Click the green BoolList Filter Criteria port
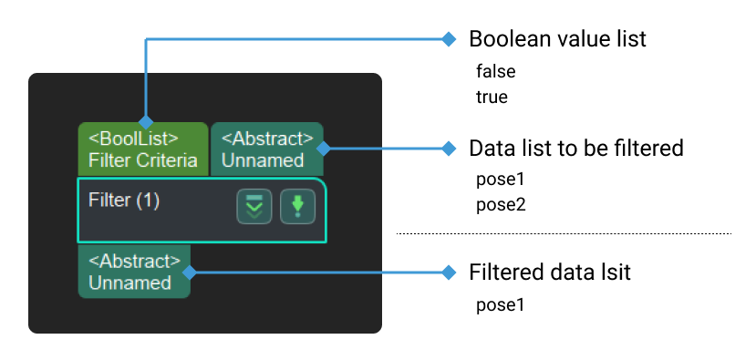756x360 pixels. coord(142,149)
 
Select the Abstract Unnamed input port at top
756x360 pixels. coord(265,149)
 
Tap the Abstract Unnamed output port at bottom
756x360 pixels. coord(134,272)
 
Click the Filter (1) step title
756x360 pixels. coord(124,201)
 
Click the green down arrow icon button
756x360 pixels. coord(296,207)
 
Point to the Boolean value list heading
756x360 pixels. coord(557,39)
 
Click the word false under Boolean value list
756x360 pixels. coord(496,70)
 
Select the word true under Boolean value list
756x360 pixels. coord(492,96)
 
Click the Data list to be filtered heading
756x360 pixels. coord(575,148)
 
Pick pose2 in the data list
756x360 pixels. coord(501,203)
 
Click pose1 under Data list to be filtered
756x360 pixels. coord(501,179)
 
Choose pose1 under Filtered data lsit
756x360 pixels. coord(501,304)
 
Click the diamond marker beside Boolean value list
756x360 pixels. coord(448,39)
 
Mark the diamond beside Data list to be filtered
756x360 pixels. coord(448,148)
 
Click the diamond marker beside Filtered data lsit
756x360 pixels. coord(448,272)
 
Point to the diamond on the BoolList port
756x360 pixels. coord(145,122)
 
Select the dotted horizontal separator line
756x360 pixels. coord(563,234)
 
